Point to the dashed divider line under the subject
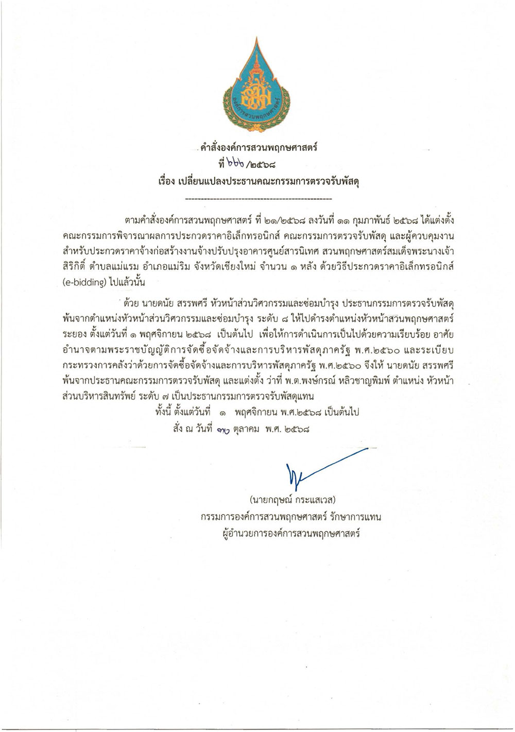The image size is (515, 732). coord(257,198)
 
